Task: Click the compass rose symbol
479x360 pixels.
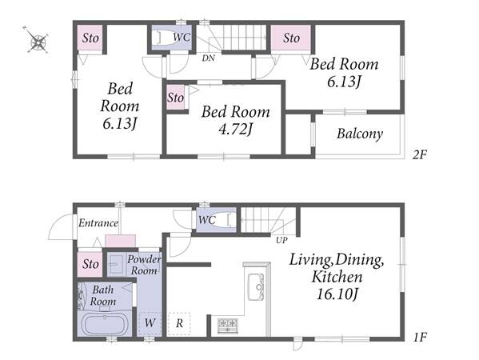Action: (38, 41)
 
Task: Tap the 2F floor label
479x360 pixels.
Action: (420, 154)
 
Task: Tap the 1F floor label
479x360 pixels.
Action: (420, 338)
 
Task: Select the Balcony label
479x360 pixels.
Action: (360, 134)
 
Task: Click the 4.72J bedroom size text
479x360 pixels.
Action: (236, 129)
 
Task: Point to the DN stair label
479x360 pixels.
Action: (209, 58)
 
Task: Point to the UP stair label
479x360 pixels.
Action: (281, 240)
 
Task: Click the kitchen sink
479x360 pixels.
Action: (256, 287)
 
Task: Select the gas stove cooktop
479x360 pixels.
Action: (228, 326)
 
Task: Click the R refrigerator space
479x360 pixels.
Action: (179, 323)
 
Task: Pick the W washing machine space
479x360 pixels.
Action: (150, 323)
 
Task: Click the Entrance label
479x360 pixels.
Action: (98, 223)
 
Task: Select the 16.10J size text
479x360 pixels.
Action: (337, 294)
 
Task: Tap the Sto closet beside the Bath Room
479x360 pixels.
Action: (90, 264)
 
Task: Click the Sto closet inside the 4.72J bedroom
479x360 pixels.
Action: (176, 98)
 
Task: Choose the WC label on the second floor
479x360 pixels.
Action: (182, 38)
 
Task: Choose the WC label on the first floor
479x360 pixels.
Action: (207, 219)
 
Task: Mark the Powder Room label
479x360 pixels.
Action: (144, 265)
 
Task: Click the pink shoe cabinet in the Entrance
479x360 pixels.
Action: (121, 241)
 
